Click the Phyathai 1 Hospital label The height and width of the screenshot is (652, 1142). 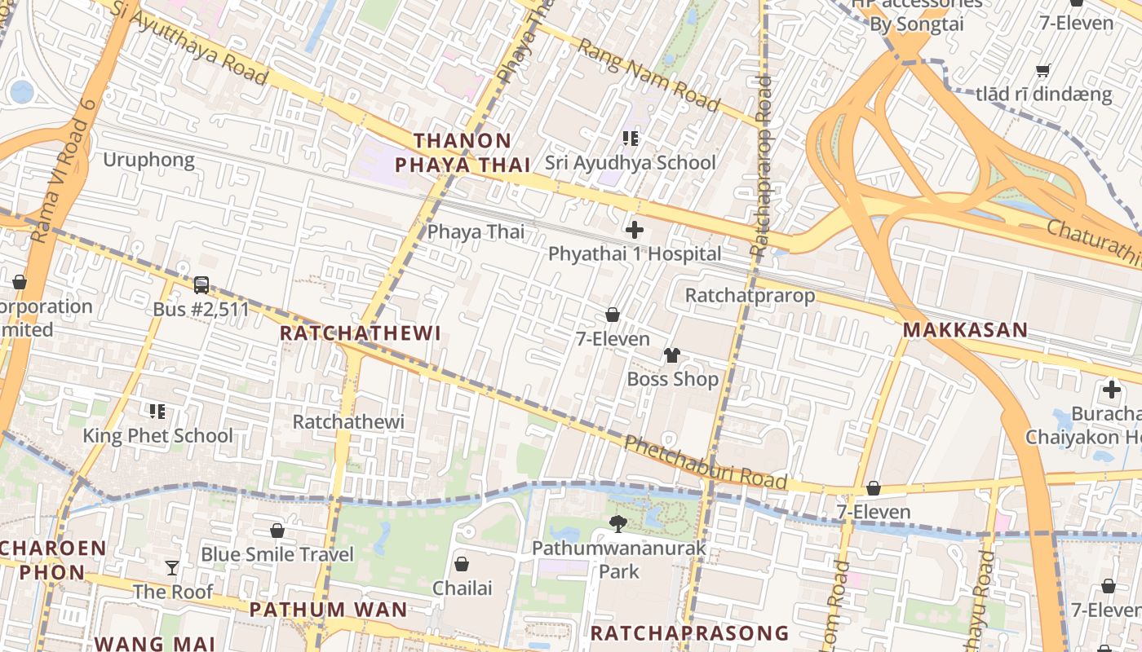click(634, 253)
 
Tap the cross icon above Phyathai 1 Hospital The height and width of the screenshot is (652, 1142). click(634, 230)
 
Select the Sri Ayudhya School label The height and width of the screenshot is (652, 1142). click(630, 162)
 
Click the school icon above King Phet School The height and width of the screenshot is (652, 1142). click(157, 412)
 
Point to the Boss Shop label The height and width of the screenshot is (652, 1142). click(672, 379)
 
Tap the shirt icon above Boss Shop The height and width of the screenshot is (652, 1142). click(671, 355)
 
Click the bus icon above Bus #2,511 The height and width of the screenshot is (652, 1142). click(201, 285)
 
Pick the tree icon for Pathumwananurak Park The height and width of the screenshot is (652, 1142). click(618, 523)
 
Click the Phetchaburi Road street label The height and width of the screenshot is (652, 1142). click(706, 463)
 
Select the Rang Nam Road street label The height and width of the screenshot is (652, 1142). click(648, 74)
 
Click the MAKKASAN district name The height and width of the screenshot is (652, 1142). click(965, 330)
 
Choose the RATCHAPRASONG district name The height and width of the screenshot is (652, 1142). click(689, 633)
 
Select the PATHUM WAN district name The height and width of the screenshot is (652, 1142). click(328, 610)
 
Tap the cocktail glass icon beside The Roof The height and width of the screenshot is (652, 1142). click(172, 567)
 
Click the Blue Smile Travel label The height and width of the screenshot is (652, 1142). click(277, 554)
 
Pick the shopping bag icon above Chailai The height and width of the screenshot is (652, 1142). click(462, 564)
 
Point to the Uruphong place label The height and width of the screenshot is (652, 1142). click(148, 160)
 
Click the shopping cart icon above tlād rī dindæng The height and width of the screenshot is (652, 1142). click(1042, 70)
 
